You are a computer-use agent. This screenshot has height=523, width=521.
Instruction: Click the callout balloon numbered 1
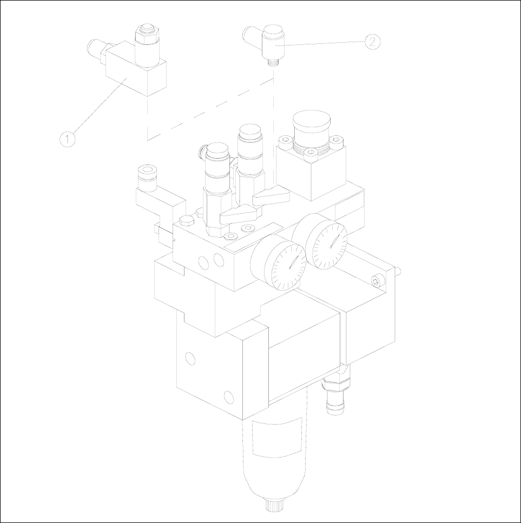click(67, 139)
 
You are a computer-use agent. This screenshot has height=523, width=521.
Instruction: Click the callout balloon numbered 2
click(372, 42)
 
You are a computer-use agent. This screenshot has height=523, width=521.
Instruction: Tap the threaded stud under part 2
click(274, 62)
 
